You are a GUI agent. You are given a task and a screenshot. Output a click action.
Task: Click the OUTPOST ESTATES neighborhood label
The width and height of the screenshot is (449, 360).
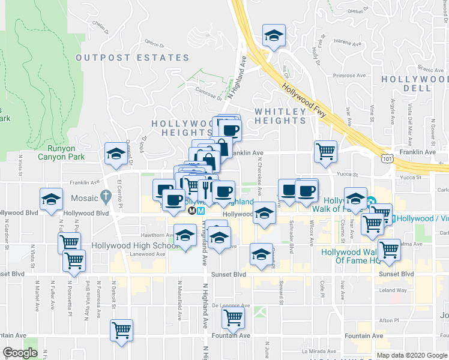[x=133, y=58]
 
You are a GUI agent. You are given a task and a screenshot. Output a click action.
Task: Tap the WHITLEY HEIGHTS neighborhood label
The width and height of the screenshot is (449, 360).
[x=280, y=116]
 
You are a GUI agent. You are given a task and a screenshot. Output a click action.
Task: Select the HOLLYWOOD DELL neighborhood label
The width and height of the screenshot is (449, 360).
[x=415, y=83]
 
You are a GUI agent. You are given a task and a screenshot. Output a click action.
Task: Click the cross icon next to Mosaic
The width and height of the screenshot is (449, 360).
[x=106, y=196]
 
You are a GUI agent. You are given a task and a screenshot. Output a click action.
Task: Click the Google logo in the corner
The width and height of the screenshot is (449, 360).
[x=20, y=353]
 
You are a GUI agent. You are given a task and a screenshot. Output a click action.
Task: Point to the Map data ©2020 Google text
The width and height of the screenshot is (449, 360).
[x=411, y=355]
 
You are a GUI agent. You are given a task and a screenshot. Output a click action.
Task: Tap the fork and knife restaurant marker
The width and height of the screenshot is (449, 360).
[x=206, y=189]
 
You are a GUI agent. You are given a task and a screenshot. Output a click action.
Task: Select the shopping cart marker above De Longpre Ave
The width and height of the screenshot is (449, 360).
[x=233, y=317]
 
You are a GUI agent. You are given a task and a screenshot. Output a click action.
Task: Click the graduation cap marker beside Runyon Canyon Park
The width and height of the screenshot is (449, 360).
[x=115, y=154]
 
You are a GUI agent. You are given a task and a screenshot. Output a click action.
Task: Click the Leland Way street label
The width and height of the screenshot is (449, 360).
[x=394, y=290]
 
